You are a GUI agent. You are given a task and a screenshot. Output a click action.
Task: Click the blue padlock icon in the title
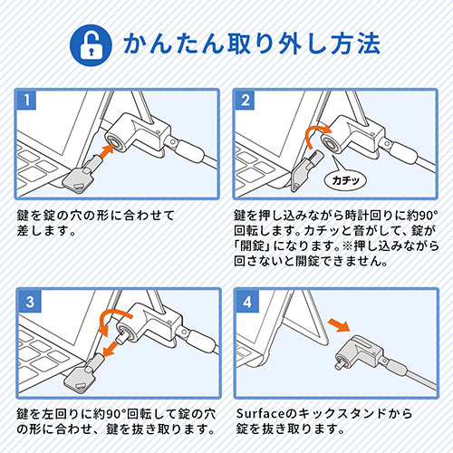(x=91, y=45)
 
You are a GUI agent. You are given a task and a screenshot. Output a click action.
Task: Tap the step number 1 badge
(x=26, y=100)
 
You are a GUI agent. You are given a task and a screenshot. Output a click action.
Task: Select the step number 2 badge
(x=245, y=100)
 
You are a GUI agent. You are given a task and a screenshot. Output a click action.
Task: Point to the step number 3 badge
(x=29, y=302)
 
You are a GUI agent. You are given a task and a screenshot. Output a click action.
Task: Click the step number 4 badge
(x=247, y=302)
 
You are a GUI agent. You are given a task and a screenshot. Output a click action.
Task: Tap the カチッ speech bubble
(x=345, y=180)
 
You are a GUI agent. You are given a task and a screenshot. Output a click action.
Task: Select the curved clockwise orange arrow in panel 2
(x=315, y=134)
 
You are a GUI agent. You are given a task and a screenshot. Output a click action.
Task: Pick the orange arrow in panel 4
(x=339, y=324)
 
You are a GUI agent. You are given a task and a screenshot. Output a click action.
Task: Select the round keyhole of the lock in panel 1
(x=116, y=141)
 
